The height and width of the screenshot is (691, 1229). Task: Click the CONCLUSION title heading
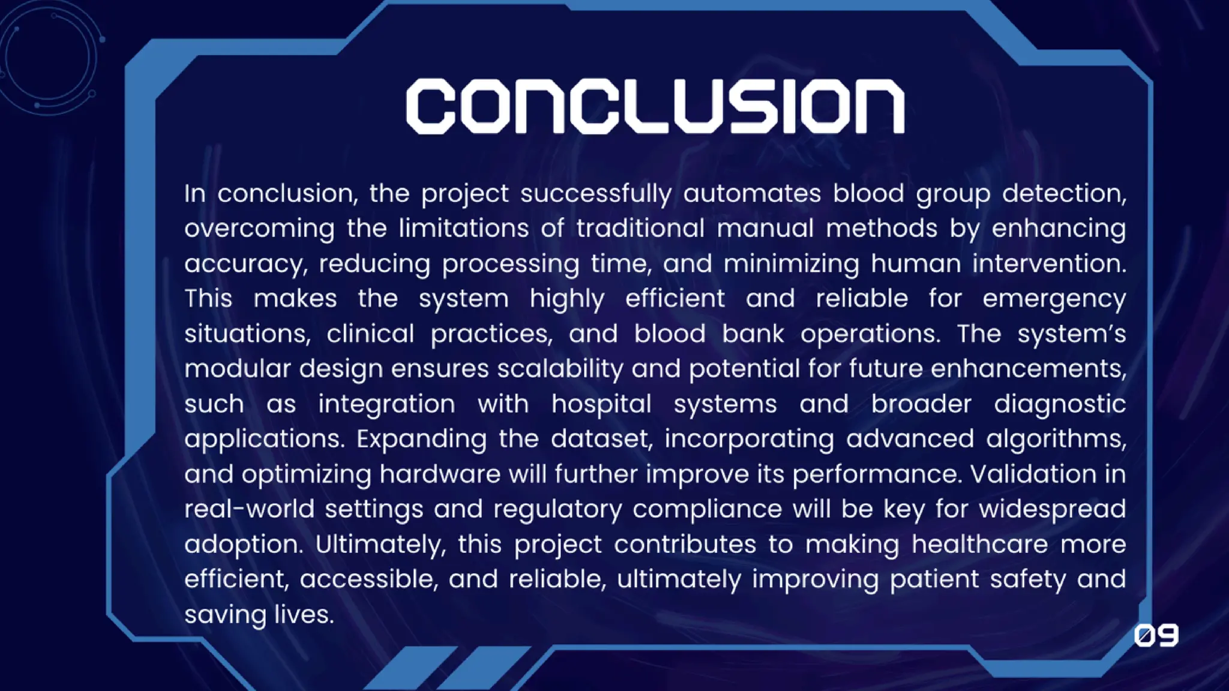click(x=655, y=106)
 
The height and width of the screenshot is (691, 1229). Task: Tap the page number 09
click(x=1156, y=636)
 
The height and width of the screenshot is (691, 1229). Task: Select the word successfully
click(x=595, y=194)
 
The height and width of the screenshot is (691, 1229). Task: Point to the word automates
click(x=752, y=194)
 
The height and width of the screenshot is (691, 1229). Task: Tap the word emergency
click(x=1054, y=299)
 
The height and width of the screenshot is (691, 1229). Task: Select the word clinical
click(x=370, y=334)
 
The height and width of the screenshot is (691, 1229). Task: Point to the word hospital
click(x=601, y=405)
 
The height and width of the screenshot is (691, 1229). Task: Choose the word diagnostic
click(x=1060, y=405)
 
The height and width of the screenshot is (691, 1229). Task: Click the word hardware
click(x=440, y=474)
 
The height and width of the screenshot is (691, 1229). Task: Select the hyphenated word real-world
click(x=249, y=509)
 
